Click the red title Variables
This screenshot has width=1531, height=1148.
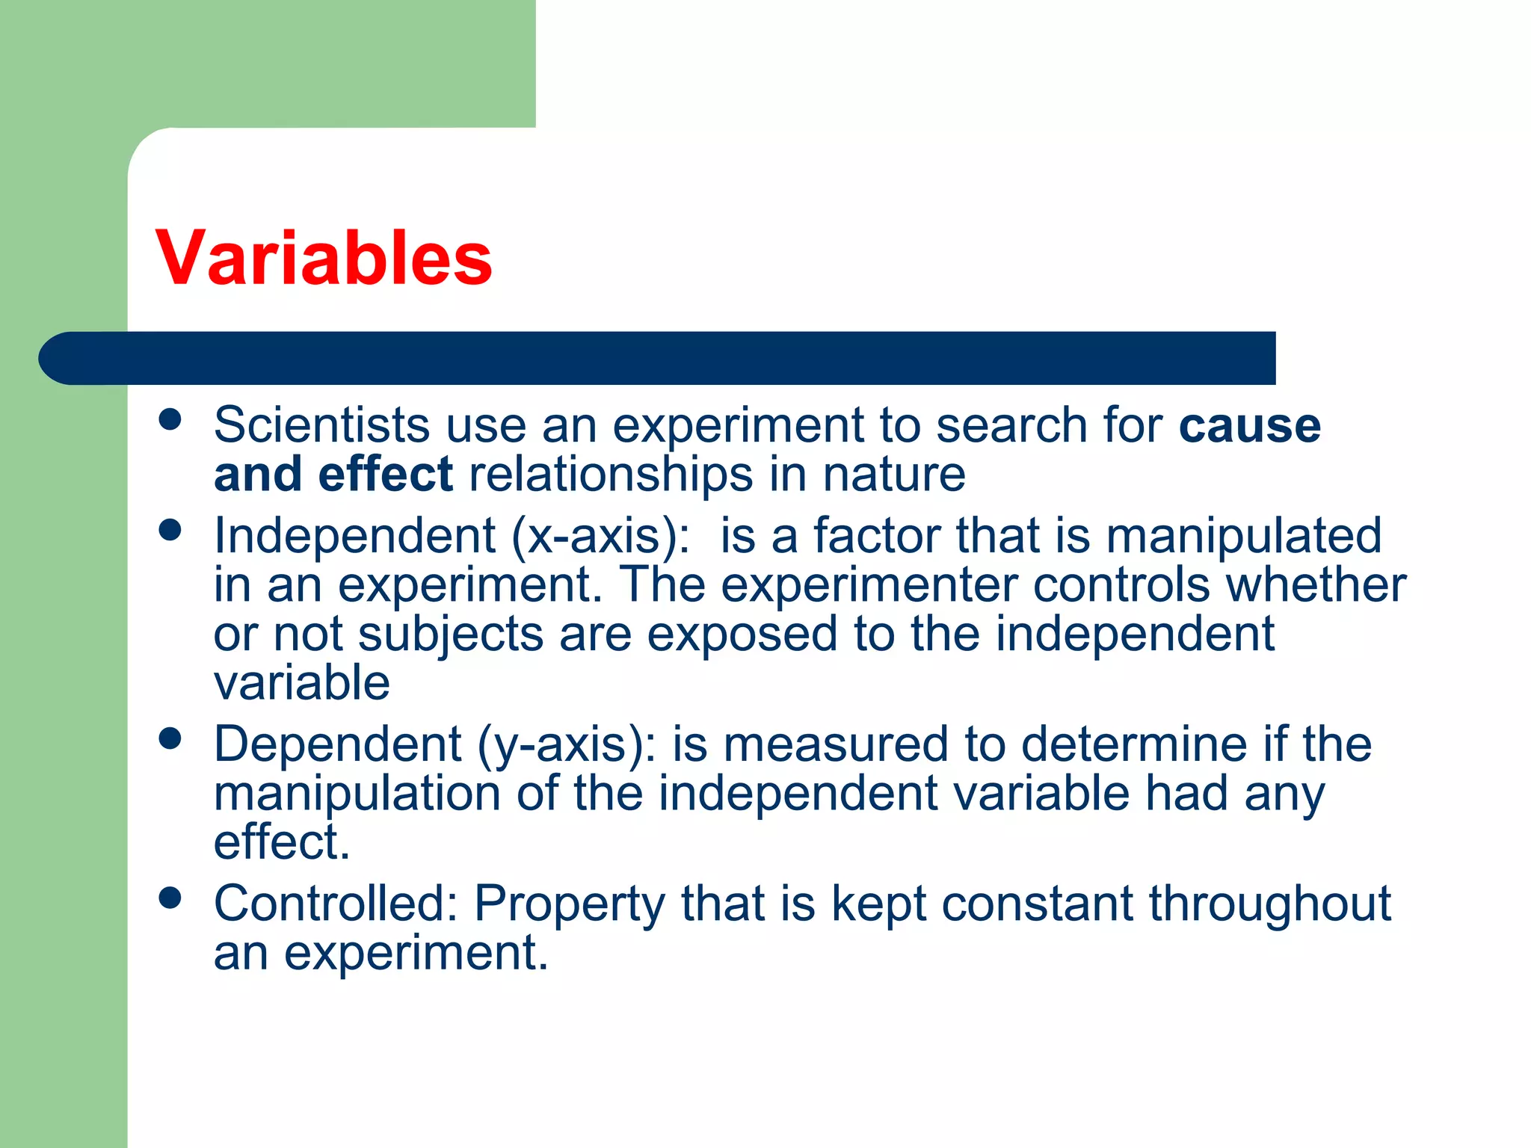[324, 258]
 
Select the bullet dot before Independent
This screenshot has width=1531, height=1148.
[170, 530]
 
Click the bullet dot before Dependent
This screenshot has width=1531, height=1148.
[170, 738]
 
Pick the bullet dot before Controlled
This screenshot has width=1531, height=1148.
[170, 898]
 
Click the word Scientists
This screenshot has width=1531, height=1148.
[321, 425]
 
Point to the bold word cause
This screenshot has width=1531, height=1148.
[1249, 426]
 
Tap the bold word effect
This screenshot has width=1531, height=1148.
[385, 475]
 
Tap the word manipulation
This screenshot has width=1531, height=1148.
[357, 794]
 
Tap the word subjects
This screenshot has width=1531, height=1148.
[450, 635]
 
